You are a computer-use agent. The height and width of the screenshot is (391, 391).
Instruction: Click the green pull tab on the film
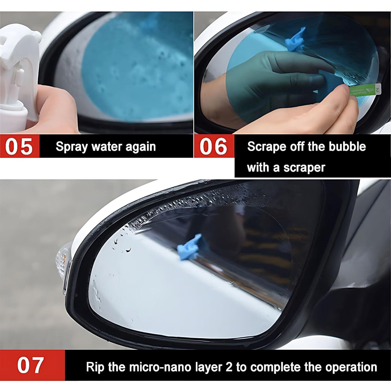[365, 91]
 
